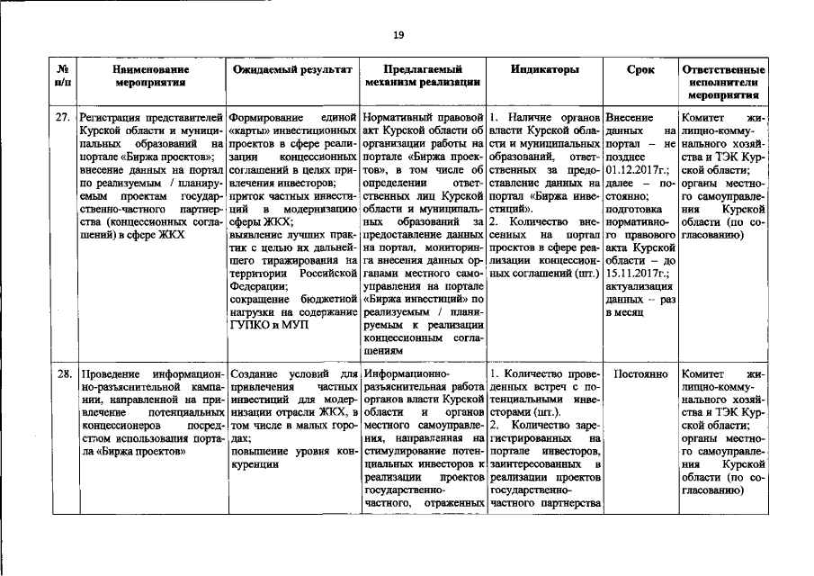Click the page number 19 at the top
pyautogui.click(x=398, y=35)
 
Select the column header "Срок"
pyautogui.click(x=640, y=69)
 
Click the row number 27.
pyautogui.click(x=64, y=118)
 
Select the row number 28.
pyautogui.click(x=64, y=373)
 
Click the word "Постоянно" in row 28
pyautogui.click(x=640, y=373)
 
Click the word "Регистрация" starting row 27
pyautogui.click(x=112, y=118)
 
